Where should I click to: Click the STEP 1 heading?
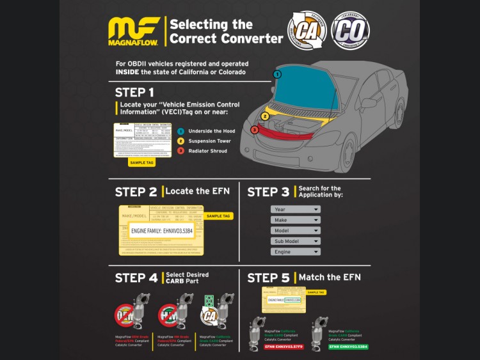[134, 92]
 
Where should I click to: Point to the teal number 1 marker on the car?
[277, 74]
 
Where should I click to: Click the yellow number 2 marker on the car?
[264, 116]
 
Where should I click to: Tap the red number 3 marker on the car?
[254, 130]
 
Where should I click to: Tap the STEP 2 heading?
[136, 192]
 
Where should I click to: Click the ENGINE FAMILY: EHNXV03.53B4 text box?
[161, 230]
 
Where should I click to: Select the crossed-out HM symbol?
[169, 315]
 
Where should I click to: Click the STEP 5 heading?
[268, 278]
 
